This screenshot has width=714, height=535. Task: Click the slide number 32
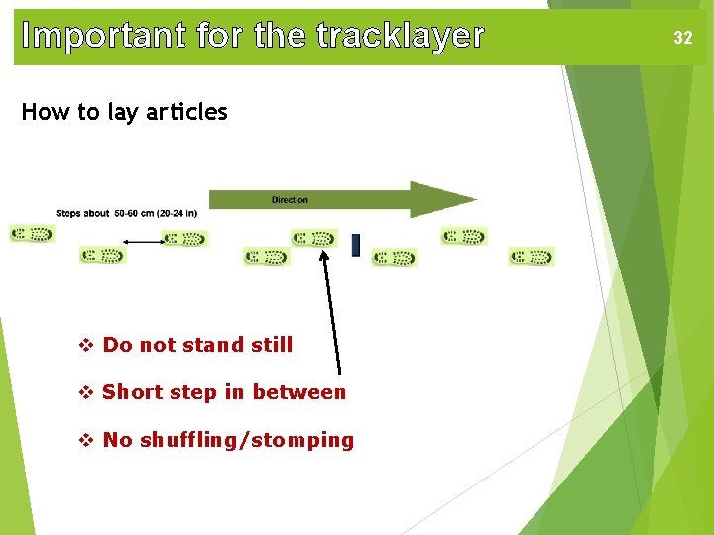point(683,38)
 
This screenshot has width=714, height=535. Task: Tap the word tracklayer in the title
point(401,37)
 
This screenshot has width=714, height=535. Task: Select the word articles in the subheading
point(186,112)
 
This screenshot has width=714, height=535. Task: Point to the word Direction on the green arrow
point(290,200)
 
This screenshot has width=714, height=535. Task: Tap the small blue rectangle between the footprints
point(356,245)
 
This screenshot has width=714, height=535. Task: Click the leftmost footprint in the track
point(32,235)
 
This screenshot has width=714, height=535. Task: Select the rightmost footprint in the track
point(532,257)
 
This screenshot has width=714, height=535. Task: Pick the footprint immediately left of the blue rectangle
point(314,238)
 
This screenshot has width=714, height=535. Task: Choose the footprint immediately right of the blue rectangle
point(395,258)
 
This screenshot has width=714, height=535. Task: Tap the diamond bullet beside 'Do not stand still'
point(85,345)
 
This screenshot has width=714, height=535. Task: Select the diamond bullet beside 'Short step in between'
point(85,392)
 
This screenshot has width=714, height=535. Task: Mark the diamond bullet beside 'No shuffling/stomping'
point(85,440)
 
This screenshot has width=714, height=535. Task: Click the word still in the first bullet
point(270,345)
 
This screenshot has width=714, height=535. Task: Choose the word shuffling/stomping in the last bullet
point(246,440)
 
